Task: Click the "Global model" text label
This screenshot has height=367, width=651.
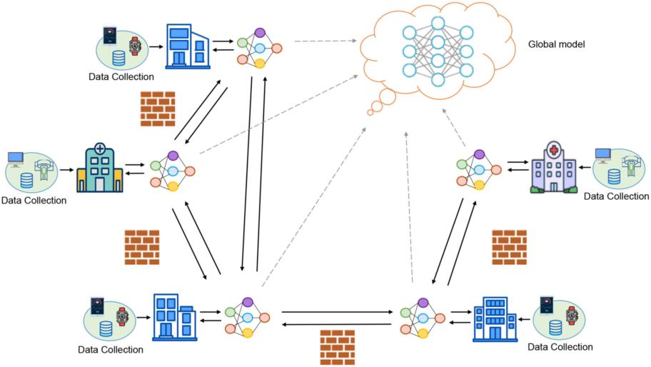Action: pyautogui.click(x=556, y=44)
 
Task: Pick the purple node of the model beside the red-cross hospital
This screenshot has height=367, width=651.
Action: pyautogui.click(x=480, y=154)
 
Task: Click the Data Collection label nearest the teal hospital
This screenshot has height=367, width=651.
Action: pyautogui.click(x=34, y=201)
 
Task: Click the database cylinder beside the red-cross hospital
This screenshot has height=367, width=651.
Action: pyautogui.click(x=613, y=177)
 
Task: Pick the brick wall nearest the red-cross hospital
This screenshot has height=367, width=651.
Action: pyautogui.click(x=510, y=248)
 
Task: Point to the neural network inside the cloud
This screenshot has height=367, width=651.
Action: pyautogui.click(x=437, y=51)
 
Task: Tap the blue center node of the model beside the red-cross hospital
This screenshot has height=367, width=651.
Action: pyautogui.click(x=480, y=170)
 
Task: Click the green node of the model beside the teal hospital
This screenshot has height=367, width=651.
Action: pyautogui.click(x=156, y=166)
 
